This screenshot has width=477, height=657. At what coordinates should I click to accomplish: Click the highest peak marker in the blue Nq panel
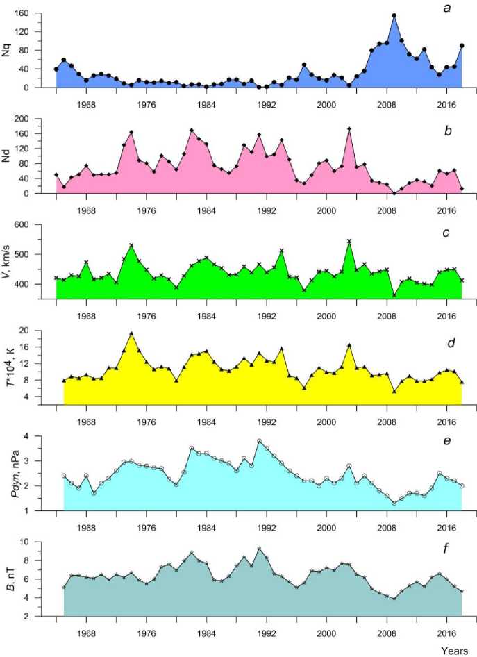394,15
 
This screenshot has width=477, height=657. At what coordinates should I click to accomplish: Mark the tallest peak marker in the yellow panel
131,333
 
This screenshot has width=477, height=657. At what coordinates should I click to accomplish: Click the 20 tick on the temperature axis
42,331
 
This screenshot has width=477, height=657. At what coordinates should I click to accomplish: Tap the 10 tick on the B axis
42,542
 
